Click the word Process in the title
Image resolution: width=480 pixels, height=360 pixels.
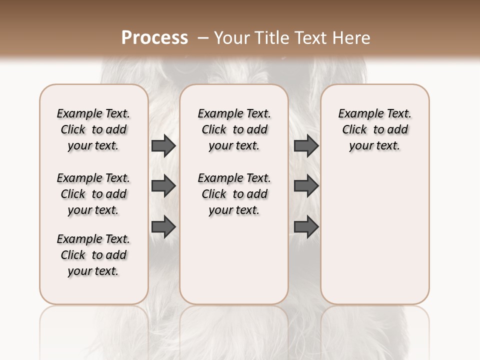[x=154, y=38]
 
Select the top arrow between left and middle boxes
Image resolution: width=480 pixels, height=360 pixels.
[x=163, y=145]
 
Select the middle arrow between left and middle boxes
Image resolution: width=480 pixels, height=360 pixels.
[x=163, y=186]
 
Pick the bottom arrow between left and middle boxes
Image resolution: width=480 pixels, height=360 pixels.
[x=163, y=226]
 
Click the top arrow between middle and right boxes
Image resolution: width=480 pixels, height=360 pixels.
[x=306, y=145]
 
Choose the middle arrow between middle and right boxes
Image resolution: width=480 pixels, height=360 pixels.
[x=306, y=186]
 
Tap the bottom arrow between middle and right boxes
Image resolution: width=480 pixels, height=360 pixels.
[x=306, y=226]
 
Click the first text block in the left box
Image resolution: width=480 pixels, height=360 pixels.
[x=93, y=129]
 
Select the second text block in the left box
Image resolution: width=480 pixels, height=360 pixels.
[x=93, y=194]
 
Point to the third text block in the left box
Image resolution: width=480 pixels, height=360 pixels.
[x=93, y=255]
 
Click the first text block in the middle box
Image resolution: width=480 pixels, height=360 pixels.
[x=234, y=129]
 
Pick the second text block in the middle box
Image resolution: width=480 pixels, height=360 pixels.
[x=234, y=194]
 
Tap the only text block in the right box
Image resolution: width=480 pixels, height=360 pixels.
[x=374, y=129]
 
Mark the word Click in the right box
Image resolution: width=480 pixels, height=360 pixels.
[x=354, y=130]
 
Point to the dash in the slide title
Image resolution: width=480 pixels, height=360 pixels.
[x=203, y=38]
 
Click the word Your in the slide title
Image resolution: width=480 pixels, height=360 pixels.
[x=231, y=38]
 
